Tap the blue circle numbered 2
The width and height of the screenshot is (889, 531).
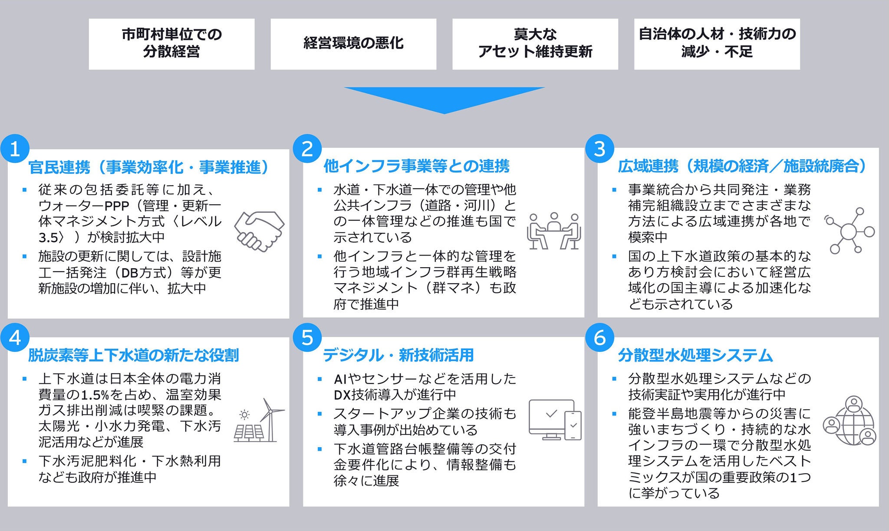click(x=307, y=149)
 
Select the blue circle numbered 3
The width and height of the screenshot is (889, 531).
click(x=599, y=149)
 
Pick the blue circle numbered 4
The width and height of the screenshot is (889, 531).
click(x=15, y=338)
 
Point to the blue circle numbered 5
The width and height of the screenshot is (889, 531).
click(x=307, y=337)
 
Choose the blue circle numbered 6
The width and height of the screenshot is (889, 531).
click(x=599, y=337)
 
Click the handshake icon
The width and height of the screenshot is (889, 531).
click(x=259, y=231)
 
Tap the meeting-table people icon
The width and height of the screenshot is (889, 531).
click(x=554, y=231)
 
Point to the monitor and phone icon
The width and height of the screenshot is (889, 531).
click(x=554, y=419)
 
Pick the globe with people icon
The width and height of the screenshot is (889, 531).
click(x=849, y=421)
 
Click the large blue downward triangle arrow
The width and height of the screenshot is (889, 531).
click(x=444, y=98)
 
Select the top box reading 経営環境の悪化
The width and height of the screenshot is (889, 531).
click(x=353, y=44)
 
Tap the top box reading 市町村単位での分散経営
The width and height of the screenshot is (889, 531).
click(x=171, y=44)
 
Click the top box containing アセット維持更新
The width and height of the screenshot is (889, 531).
click(x=535, y=44)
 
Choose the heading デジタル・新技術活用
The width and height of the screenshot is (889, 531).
click(x=398, y=355)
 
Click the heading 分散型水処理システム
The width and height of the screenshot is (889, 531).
click(x=695, y=355)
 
